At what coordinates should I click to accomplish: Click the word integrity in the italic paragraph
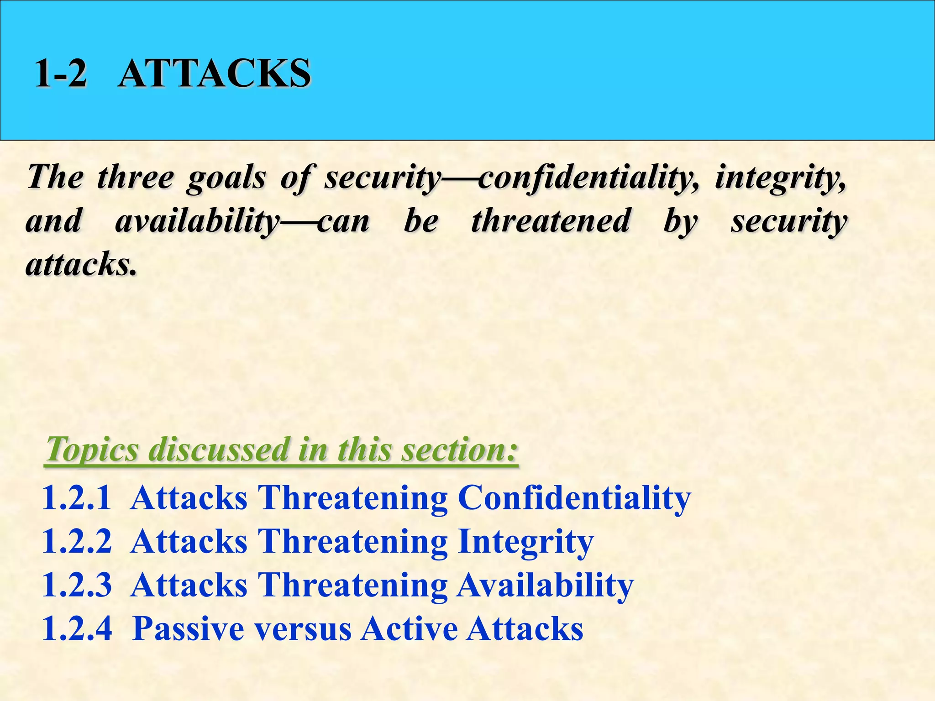(x=780, y=177)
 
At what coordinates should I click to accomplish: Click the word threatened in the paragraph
(x=551, y=221)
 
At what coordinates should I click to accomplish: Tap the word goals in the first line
(x=226, y=177)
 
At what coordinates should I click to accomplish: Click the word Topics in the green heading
(x=92, y=449)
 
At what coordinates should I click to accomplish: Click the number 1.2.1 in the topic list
(x=76, y=497)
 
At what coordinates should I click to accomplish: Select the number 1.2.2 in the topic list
(x=76, y=541)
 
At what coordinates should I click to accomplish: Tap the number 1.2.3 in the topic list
(x=76, y=585)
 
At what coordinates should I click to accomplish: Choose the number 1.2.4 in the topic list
(x=76, y=629)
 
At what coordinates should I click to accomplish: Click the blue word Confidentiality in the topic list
(x=574, y=497)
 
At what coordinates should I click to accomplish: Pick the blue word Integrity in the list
(x=525, y=541)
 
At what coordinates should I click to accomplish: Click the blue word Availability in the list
(x=545, y=585)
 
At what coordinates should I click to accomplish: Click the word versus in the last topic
(x=303, y=629)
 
